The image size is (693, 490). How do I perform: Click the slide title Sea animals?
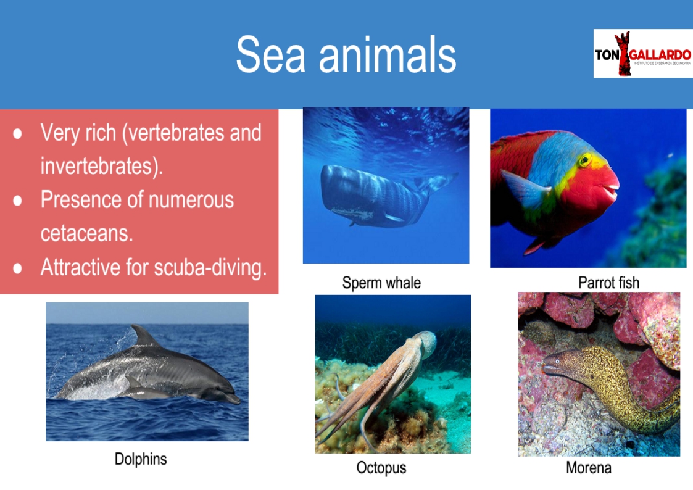(x=346, y=55)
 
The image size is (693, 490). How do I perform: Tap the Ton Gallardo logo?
(x=642, y=54)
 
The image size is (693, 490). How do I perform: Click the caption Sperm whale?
(x=381, y=283)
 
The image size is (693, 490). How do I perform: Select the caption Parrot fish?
(x=608, y=283)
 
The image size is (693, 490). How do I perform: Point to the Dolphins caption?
(x=141, y=459)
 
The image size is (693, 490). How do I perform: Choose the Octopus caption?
(x=381, y=467)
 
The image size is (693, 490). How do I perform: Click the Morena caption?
(x=589, y=467)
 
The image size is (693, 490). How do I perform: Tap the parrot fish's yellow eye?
(x=585, y=159)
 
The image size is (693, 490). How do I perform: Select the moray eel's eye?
(x=558, y=362)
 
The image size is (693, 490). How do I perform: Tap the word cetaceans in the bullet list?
(x=86, y=233)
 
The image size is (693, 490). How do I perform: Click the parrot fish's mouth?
(x=612, y=189)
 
